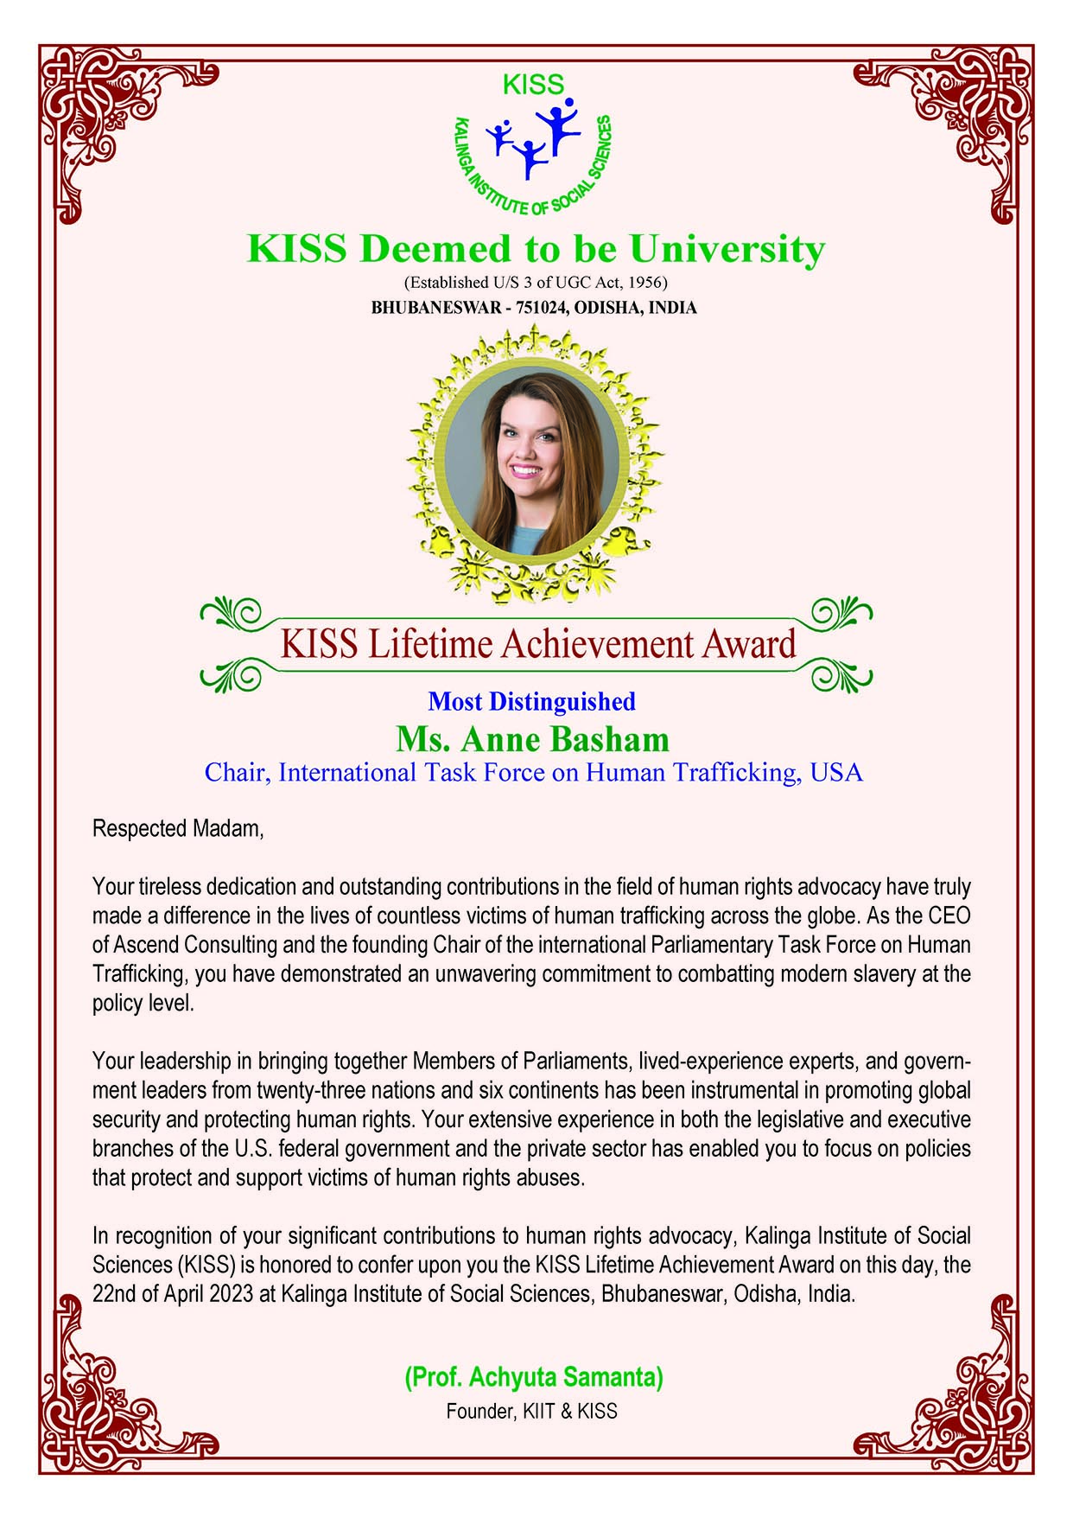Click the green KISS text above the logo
click(532, 86)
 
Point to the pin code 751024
click(541, 308)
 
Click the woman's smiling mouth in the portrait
click(524, 471)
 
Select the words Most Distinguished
click(532, 701)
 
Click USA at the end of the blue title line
click(836, 772)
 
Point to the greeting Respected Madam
click(177, 828)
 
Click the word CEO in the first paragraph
click(949, 915)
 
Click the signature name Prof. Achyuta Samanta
click(533, 1376)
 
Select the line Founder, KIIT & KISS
click(531, 1412)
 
